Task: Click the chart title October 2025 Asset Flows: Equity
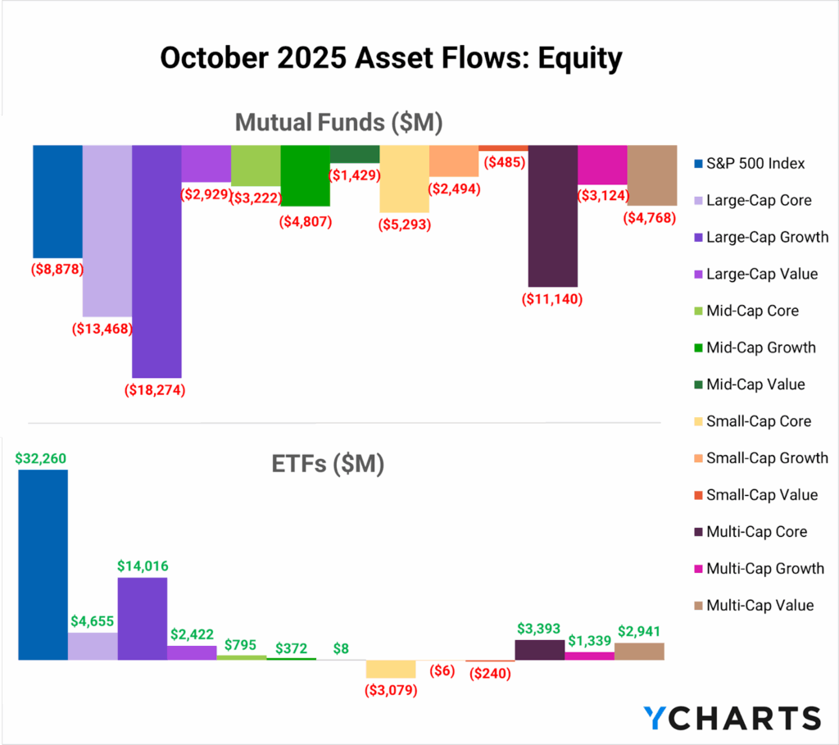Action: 391,59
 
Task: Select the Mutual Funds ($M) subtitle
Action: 338,122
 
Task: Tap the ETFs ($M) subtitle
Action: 328,464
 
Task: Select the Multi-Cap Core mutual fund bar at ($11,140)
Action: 553,216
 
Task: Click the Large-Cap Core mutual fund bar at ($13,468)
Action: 107,230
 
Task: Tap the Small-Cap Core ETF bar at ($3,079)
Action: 391,669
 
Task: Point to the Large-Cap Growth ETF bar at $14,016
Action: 143,618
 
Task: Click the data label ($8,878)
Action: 58,269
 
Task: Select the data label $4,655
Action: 93,621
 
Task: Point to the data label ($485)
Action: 504,162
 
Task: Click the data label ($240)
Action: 490,674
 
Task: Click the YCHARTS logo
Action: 731,717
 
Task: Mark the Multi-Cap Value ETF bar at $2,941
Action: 639,651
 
